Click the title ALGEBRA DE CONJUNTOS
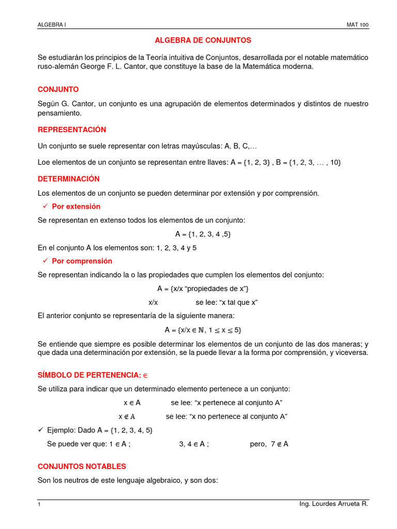point(203,40)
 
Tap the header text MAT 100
point(357,25)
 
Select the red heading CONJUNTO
point(58,89)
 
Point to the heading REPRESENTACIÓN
point(72,130)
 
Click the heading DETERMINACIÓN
point(69,179)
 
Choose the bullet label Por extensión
point(76,207)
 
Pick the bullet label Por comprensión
point(82,261)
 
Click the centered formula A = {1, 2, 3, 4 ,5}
point(203,234)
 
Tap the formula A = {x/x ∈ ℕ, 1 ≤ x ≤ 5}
point(203,330)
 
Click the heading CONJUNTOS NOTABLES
point(82,466)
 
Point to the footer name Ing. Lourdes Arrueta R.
point(334,504)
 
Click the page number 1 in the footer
point(39,504)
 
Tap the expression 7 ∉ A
point(279,444)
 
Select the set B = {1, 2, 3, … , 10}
point(309,162)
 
